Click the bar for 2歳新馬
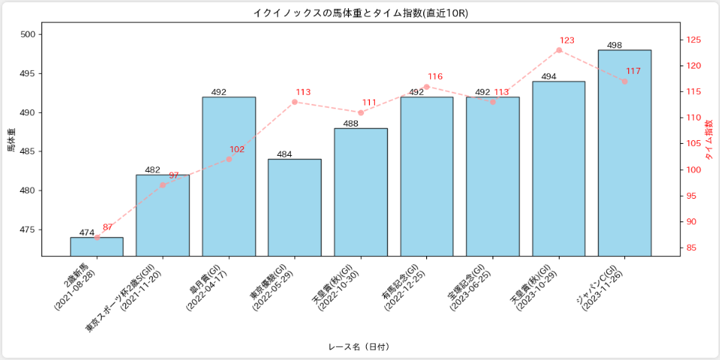pos(97,247)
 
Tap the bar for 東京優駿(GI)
pos(294,207)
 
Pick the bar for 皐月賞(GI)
pos(229,176)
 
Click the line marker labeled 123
pos(559,50)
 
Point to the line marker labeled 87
pos(97,237)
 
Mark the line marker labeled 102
pos(229,159)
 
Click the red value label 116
pos(435,77)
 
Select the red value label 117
pos(633,71)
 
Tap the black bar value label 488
pos(351,124)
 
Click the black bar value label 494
pos(549,77)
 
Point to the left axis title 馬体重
pos(11,139)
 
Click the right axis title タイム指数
pos(709,139)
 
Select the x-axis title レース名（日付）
pos(359,346)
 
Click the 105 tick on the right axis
pos(694,144)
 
